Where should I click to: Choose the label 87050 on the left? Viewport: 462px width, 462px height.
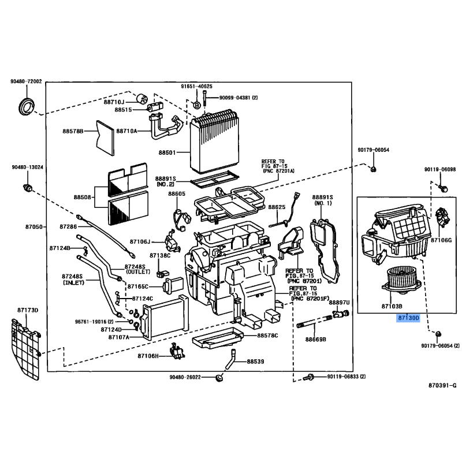click(x=32, y=227)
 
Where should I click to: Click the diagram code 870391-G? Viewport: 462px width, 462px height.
click(x=442, y=385)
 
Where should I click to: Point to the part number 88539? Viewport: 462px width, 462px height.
click(x=256, y=362)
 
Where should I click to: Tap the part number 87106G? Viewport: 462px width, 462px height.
click(x=442, y=240)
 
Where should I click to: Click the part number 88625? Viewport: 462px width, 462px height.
click(x=277, y=207)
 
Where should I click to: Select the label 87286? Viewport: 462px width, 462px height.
click(x=69, y=227)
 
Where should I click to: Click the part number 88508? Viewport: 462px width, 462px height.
click(x=82, y=197)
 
